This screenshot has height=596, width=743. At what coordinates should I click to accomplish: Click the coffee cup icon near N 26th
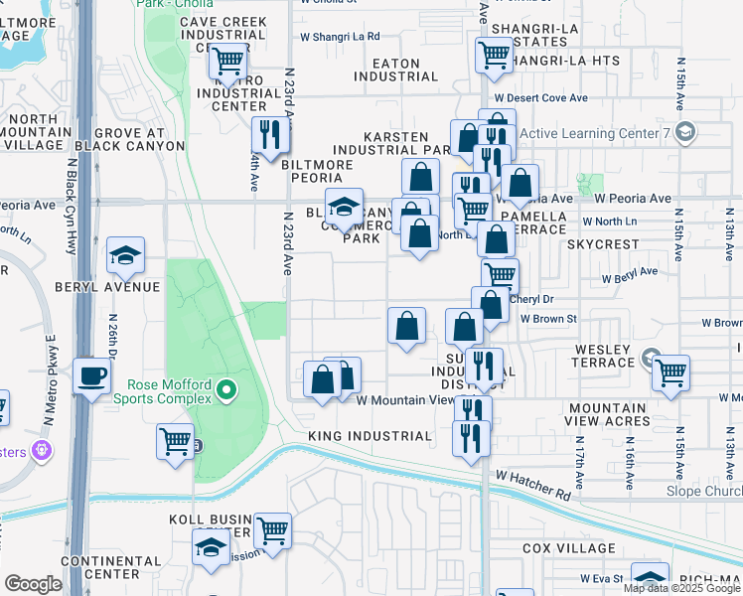tap(92, 376)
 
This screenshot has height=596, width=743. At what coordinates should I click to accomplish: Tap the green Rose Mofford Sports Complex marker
tap(227, 390)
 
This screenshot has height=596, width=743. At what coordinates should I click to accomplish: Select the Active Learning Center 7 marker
tap(683, 132)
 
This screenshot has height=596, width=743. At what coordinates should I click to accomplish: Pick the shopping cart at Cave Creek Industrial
tap(227, 63)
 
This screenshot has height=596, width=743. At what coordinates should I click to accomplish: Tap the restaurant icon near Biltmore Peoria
tap(267, 133)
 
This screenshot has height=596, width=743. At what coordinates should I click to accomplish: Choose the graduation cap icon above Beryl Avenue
tap(126, 255)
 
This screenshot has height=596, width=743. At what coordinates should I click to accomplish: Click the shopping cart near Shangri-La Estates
tap(493, 55)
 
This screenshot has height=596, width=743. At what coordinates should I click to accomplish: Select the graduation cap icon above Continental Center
tap(211, 547)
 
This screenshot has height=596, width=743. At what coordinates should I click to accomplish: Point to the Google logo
tap(33, 584)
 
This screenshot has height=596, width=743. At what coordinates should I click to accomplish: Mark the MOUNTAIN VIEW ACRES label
tap(622, 415)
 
